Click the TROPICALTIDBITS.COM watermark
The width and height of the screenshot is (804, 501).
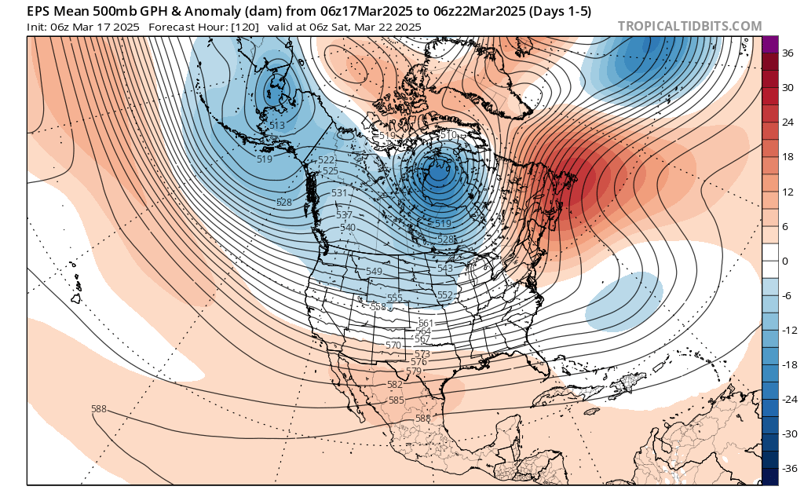tap(689, 26)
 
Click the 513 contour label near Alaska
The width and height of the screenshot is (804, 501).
tap(277, 126)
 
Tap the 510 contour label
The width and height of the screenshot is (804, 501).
tap(448, 135)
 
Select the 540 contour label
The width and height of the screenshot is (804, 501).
tap(348, 228)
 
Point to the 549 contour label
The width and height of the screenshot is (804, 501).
tap(375, 272)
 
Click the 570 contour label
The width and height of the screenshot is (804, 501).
tap(393, 346)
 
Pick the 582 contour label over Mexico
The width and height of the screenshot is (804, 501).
tap(395, 385)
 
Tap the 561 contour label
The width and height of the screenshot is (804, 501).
tap(426, 324)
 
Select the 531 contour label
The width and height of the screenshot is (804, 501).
tap(339, 193)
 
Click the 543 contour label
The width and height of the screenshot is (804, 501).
tap(445, 269)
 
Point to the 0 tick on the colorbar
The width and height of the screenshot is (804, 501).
tap(784, 261)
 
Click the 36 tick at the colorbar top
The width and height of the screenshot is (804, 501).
tap(788, 53)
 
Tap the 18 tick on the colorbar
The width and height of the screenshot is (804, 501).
tap(788, 157)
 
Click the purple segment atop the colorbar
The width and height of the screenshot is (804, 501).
tap(769, 45)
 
